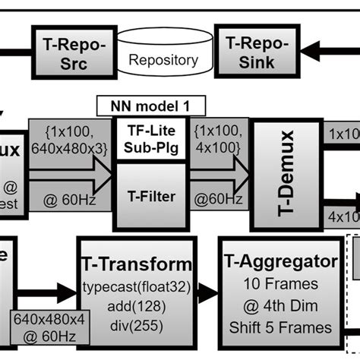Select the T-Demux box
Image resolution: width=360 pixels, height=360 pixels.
tap(285, 174)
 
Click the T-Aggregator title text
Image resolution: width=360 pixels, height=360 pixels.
tap(281, 263)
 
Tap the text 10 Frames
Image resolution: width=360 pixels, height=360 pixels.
tap(281, 285)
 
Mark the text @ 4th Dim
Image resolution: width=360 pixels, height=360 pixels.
tap(281, 306)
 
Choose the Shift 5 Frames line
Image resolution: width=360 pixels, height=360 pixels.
tap(281, 327)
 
